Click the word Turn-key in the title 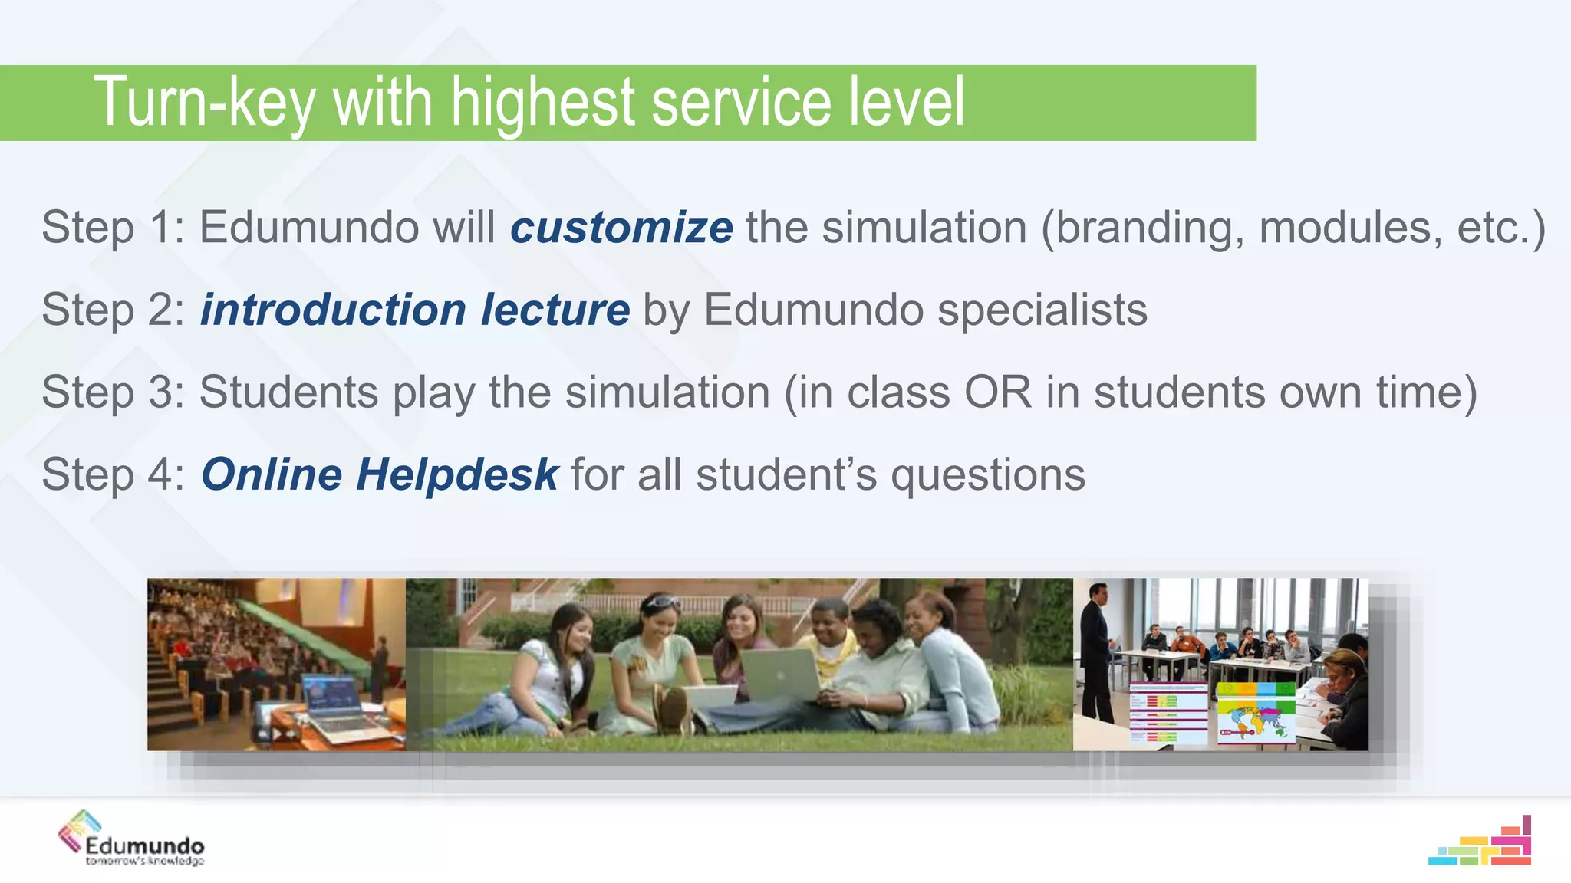pyautogui.click(x=204, y=103)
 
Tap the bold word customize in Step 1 pyautogui.click(x=621, y=228)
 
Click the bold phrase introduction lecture pyautogui.click(x=415, y=310)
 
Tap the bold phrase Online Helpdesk pyautogui.click(x=380, y=474)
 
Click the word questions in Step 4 pyautogui.click(x=987, y=475)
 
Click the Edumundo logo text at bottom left pyautogui.click(x=144, y=846)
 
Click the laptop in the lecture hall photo pyautogui.click(x=338, y=704)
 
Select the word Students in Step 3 pyautogui.click(x=288, y=392)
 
